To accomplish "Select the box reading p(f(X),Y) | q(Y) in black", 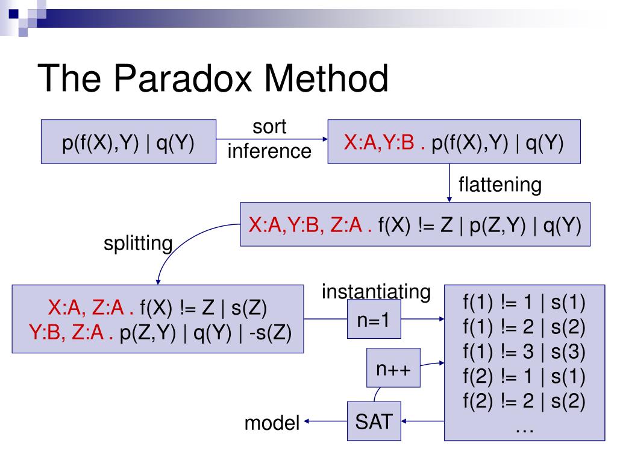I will pyautogui.click(x=128, y=142).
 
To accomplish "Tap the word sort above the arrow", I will pyautogui.click(x=269, y=127).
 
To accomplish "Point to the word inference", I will pyautogui.click(x=269, y=151).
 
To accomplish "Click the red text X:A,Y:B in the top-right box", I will pyautogui.click(x=379, y=142).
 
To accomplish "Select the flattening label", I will pyautogui.click(x=500, y=184).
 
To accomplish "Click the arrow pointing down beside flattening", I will pyautogui.click(x=449, y=183).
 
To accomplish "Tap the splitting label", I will pyautogui.click(x=137, y=244).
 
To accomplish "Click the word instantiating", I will pyautogui.click(x=376, y=292).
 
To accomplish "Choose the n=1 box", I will pyautogui.click(x=375, y=319).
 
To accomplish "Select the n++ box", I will pyautogui.click(x=394, y=368).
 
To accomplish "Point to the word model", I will pyautogui.click(x=272, y=423).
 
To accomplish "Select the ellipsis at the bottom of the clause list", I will pyautogui.click(x=524, y=427).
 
